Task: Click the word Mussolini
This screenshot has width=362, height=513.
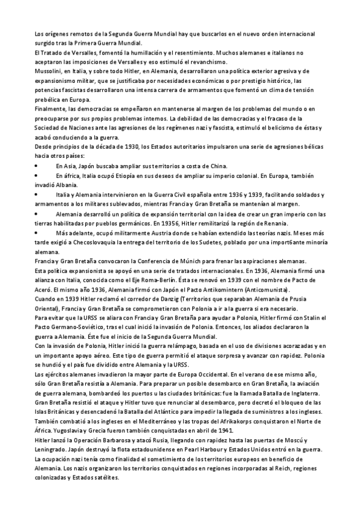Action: [50, 71]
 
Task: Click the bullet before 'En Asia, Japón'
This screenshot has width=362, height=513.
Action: [37, 166]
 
